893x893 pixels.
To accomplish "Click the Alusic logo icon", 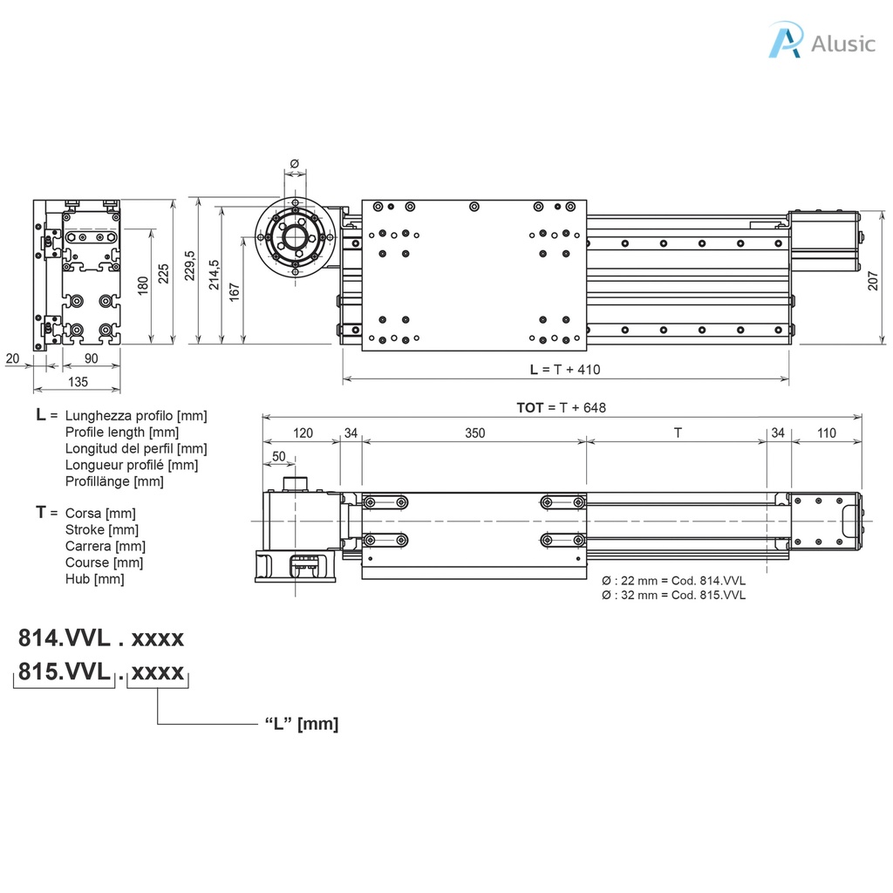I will click(784, 42).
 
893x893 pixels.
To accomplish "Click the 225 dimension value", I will click(164, 274).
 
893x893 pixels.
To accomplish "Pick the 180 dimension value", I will click(142, 285).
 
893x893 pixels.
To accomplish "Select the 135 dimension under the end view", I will click(78, 382).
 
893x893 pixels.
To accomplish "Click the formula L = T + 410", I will click(565, 369).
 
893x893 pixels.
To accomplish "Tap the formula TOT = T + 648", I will click(561, 407).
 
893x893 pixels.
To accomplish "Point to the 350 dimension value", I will click(474, 433).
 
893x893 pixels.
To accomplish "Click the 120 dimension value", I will click(302, 433).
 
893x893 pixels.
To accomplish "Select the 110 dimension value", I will click(826, 433).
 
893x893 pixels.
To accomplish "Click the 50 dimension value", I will click(278, 456).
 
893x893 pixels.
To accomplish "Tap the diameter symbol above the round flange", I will click(294, 163).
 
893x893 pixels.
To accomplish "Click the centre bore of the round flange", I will click(295, 236).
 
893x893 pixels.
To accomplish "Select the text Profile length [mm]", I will click(122, 432).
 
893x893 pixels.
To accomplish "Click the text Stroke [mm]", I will click(101, 529).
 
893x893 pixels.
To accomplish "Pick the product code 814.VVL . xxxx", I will click(101, 638).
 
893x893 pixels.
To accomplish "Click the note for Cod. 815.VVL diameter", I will click(674, 595).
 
